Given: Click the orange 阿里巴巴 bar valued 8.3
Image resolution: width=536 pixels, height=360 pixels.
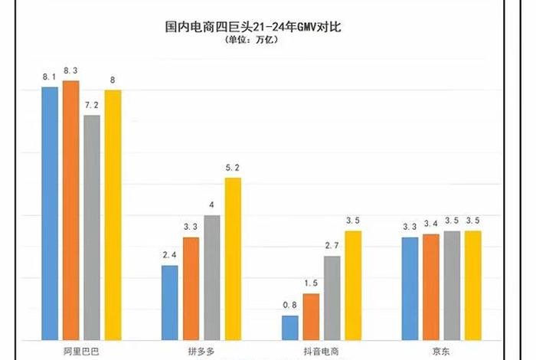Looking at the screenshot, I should [x=70, y=210].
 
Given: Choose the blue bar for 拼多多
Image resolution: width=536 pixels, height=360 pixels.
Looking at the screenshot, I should [x=169, y=303].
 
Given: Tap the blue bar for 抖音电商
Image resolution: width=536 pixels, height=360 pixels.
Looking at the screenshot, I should [x=290, y=328].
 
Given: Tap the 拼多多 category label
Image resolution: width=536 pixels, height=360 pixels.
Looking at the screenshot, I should [x=201, y=351].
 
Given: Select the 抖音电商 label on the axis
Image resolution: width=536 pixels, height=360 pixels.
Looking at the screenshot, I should [x=321, y=351].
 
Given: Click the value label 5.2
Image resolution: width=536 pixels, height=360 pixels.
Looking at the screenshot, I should [x=233, y=168].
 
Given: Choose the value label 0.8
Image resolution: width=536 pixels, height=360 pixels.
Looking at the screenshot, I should [x=290, y=306].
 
